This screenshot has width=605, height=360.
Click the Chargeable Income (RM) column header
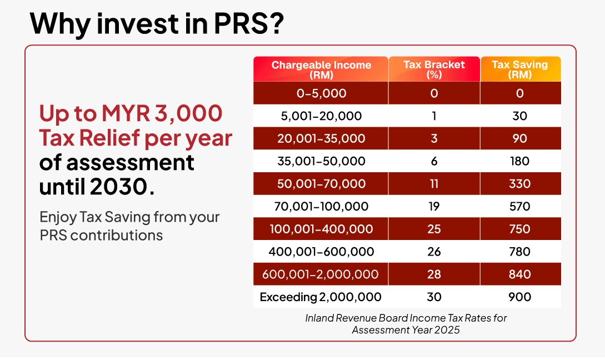tap(321, 69)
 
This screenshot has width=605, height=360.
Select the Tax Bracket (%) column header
tap(434, 69)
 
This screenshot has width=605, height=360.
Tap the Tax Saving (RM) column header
tap(519, 69)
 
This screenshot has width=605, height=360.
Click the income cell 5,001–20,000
tap(321, 116)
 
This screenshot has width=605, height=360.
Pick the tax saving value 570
tap(519, 207)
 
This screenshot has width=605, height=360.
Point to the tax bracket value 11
tap(434, 184)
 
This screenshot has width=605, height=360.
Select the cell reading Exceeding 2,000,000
tap(321, 297)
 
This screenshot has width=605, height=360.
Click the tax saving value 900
tap(519, 297)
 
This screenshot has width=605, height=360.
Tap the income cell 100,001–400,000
tap(321, 229)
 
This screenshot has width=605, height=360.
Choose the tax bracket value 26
tap(434, 252)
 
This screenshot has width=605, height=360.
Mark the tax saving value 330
tap(519, 184)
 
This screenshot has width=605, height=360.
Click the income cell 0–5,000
tap(321, 93)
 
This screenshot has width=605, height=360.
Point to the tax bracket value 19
tap(434, 207)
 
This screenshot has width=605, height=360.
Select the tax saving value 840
tap(519, 274)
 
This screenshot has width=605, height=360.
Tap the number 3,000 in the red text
tap(192, 114)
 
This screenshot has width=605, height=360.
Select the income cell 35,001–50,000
tap(321, 161)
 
